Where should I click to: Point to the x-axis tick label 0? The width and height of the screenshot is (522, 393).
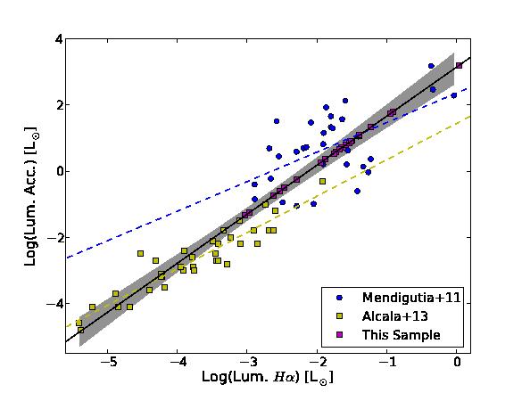click(457, 362)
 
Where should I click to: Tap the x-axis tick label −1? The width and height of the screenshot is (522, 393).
click(387, 362)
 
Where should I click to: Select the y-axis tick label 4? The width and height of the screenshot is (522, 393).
click(59, 39)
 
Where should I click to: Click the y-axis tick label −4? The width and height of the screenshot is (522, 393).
click(54, 304)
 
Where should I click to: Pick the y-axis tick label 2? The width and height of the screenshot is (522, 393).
click(59, 105)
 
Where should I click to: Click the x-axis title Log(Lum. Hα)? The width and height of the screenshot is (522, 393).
click(268, 377)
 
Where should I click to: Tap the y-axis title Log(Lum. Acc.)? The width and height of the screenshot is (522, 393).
click(30, 197)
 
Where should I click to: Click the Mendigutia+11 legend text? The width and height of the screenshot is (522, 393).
click(411, 298)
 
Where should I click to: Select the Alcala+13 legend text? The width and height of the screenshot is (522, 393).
click(394, 316)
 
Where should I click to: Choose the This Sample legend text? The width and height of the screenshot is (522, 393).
click(402, 335)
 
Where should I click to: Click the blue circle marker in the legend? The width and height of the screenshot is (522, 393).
click(340, 298)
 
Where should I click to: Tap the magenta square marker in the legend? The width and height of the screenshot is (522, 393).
click(340, 335)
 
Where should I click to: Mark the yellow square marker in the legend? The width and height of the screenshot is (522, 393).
click(340, 316)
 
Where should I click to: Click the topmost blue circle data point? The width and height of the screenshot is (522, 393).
click(431, 66)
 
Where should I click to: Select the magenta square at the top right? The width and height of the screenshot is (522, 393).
click(459, 66)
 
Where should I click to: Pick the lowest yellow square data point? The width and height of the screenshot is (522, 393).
click(81, 330)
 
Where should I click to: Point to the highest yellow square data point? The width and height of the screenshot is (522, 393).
click(322, 181)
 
